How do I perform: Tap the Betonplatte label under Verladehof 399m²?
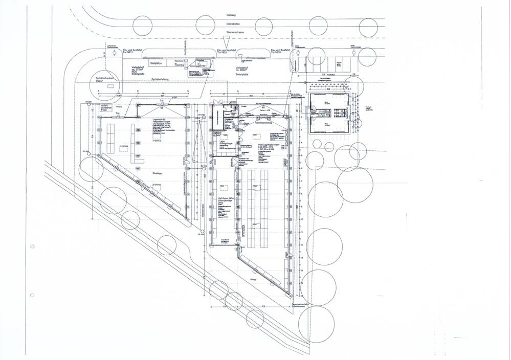(242, 75)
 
